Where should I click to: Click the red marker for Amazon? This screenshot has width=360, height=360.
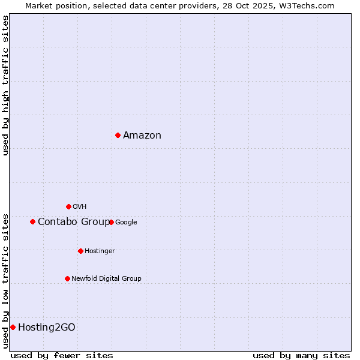click(118, 135)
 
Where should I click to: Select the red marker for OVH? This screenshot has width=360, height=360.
click(68, 206)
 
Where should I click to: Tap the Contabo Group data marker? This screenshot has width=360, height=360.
click(32, 221)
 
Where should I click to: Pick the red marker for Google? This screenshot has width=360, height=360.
click(111, 222)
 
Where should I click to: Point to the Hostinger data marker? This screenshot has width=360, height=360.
click(80, 251)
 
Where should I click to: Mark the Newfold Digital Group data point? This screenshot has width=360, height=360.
click(67, 278)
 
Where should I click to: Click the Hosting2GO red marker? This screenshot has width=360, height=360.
click(13, 327)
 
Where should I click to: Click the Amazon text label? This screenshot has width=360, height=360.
click(142, 136)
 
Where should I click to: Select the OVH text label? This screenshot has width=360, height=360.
click(79, 207)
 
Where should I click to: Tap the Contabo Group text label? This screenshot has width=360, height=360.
click(74, 222)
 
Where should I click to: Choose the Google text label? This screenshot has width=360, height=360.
click(126, 223)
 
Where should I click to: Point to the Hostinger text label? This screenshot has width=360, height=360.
click(100, 251)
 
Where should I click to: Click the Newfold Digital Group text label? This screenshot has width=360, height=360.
click(106, 279)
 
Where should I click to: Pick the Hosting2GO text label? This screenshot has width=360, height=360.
click(47, 328)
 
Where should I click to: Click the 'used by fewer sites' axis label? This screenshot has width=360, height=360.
click(62, 355)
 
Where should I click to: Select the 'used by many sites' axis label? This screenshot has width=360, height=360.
click(301, 355)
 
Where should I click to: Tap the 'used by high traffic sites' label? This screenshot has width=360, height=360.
click(6, 85)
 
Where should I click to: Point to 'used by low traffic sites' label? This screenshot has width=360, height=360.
click(6, 281)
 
